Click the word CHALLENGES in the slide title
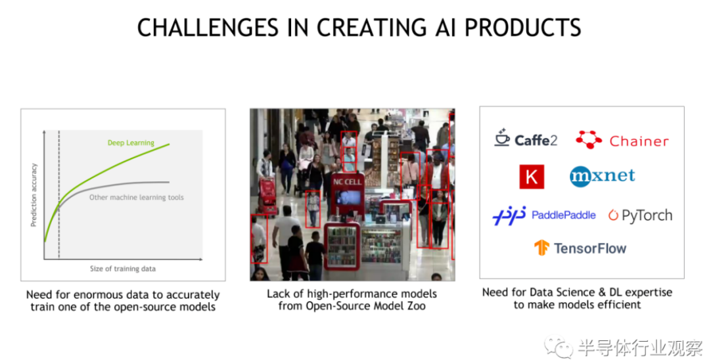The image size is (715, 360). point(208,28)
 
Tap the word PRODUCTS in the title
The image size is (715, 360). point(523,28)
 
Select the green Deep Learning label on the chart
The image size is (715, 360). point(131,143)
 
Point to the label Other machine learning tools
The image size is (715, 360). point(136,197)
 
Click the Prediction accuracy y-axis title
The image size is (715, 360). point(34,195)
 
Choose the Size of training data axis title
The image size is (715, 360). point(123,269)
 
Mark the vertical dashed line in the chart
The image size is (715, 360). point(59,195)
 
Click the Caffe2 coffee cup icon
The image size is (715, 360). point(502,137)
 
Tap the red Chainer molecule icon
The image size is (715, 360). point(589,139)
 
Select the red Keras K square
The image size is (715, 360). point(532,177)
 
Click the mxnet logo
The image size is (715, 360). point(603,176)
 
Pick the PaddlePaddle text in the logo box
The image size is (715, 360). point(564,215)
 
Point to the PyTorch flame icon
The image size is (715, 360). point(613,215)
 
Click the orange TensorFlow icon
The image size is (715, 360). point(542,248)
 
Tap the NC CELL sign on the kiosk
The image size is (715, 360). point(347,182)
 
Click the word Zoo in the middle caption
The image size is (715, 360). point(416,305)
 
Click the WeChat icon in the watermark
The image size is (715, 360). point(559,348)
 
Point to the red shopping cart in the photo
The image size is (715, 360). point(267,195)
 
